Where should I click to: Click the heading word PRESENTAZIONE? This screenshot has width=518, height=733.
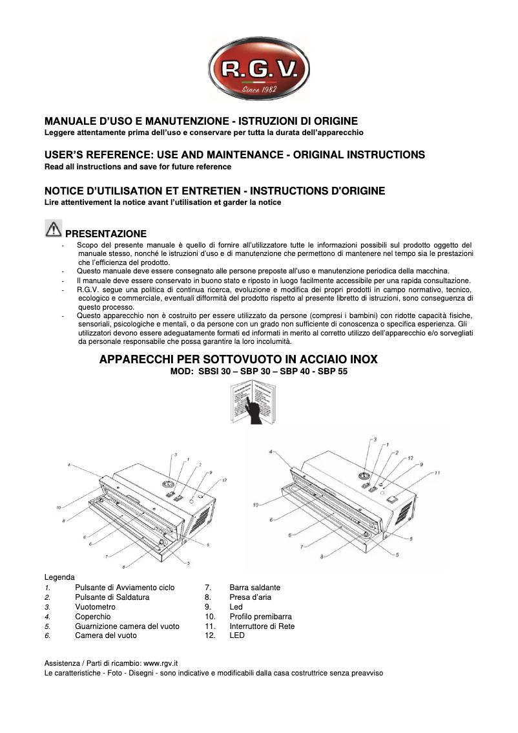(106, 234)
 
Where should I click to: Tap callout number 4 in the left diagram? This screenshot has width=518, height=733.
(68, 464)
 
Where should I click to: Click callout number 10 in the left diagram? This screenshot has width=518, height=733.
(58, 507)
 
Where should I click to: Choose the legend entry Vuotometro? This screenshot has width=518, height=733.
(95, 608)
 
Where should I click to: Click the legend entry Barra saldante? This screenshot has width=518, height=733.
(254, 588)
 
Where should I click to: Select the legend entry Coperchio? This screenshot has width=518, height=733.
(92, 617)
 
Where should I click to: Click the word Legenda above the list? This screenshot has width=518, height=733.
(59, 577)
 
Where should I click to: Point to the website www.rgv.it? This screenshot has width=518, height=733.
(160, 663)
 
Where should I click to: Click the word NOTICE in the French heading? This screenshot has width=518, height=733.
(68, 191)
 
